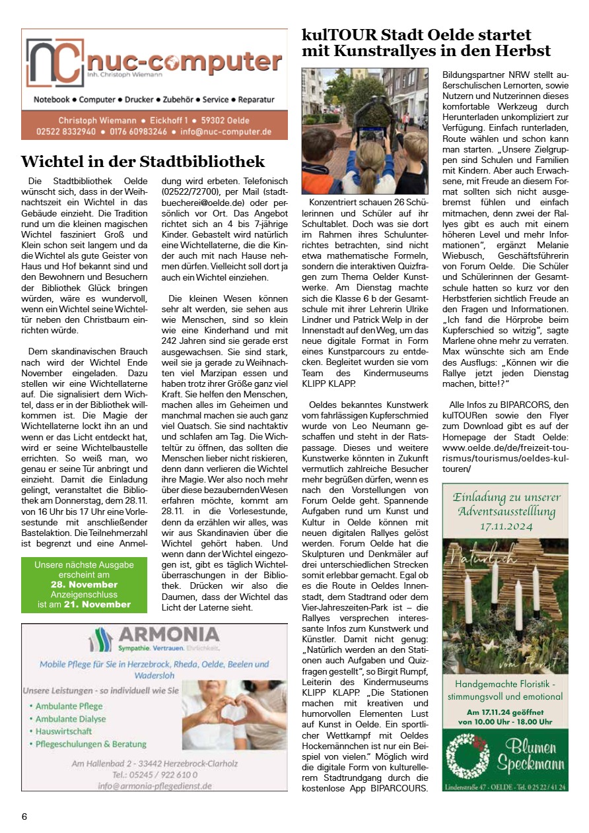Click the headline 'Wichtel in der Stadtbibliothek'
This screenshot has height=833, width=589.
tap(143, 162)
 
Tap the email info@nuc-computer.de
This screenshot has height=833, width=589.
tap(226, 131)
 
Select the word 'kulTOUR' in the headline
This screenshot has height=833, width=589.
tap(335, 35)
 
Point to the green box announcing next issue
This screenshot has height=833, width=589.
tap(85, 584)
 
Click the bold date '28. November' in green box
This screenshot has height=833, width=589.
tap(84, 585)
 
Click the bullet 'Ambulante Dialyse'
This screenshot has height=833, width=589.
tap(71, 719)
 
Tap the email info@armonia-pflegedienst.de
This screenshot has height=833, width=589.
tap(155, 785)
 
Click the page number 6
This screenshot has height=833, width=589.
tap(24, 816)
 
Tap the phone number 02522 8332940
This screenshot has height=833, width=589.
tap(67, 131)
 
